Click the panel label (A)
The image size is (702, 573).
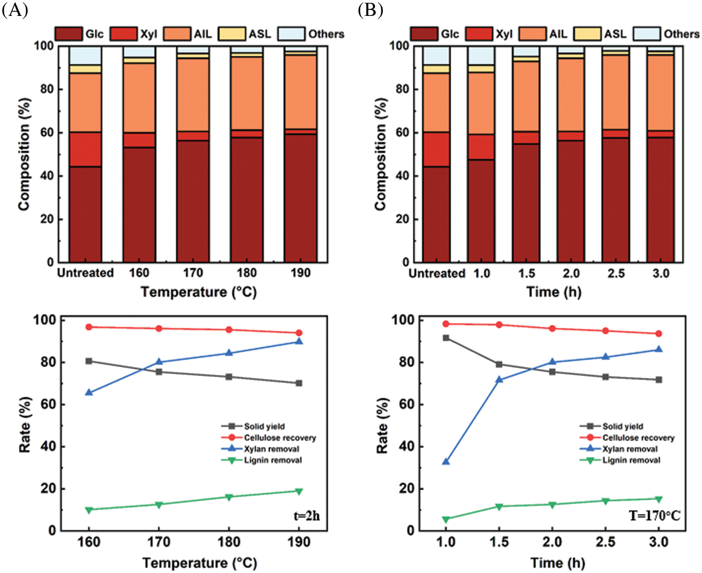pyautogui.click(x=15, y=9)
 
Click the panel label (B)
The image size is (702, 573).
pyautogui.click(x=370, y=9)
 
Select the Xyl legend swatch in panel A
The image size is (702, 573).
pyautogui.click(x=124, y=34)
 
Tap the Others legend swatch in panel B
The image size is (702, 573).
pyautogui.click(x=647, y=34)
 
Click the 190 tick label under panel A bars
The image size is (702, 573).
pyautogui.click(x=300, y=273)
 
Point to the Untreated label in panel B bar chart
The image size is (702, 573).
pyautogui.click(x=437, y=273)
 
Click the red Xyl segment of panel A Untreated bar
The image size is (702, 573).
pyautogui.click(x=85, y=149)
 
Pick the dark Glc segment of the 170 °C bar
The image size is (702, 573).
pyautogui.click(x=193, y=201)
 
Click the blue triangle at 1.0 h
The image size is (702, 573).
pyautogui.click(x=446, y=462)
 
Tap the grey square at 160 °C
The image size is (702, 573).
pyautogui.click(x=89, y=361)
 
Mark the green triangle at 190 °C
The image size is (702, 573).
pyautogui.click(x=299, y=491)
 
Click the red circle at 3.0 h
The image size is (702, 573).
pyautogui.click(x=658, y=334)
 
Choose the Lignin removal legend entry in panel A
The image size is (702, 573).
pyautogui.click(x=272, y=460)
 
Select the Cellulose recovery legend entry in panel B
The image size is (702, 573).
pyautogui.click(x=638, y=438)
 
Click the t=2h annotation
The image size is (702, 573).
pyautogui.click(x=307, y=516)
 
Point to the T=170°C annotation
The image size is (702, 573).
pyautogui.click(x=654, y=516)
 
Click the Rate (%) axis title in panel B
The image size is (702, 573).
pyautogui.click(x=382, y=426)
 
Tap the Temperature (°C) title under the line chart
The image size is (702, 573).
pyautogui.click(x=199, y=563)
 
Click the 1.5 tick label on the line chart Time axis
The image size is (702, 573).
pyautogui.click(x=499, y=542)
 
